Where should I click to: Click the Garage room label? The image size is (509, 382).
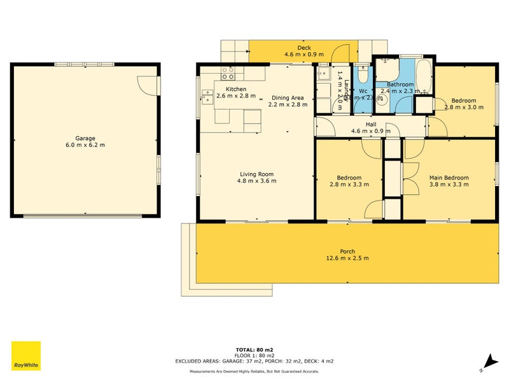(x=85, y=138)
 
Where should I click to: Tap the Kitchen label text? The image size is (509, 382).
(x=235, y=89)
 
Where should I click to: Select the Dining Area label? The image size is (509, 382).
(x=288, y=97)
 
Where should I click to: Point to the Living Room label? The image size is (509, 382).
(x=256, y=174)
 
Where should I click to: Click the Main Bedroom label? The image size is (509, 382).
(x=449, y=178)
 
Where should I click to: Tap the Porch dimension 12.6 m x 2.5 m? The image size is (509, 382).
(x=347, y=258)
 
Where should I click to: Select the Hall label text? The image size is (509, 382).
(x=371, y=124)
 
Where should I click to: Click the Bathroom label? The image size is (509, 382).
(x=400, y=84)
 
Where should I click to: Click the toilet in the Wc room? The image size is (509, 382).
(x=362, y=76)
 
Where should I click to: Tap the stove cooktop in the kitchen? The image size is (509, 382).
(x=227, y=72)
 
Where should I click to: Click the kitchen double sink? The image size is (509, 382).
(x=207, y=96)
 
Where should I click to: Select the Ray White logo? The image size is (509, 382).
(x=26, y=356)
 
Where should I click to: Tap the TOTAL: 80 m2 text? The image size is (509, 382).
(x=254, y=350)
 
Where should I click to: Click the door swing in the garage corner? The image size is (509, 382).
(x=148, y=83)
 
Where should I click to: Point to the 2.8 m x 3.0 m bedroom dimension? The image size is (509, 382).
(x=463, y=107)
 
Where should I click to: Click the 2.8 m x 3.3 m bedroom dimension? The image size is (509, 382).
(x=345, y=185)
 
